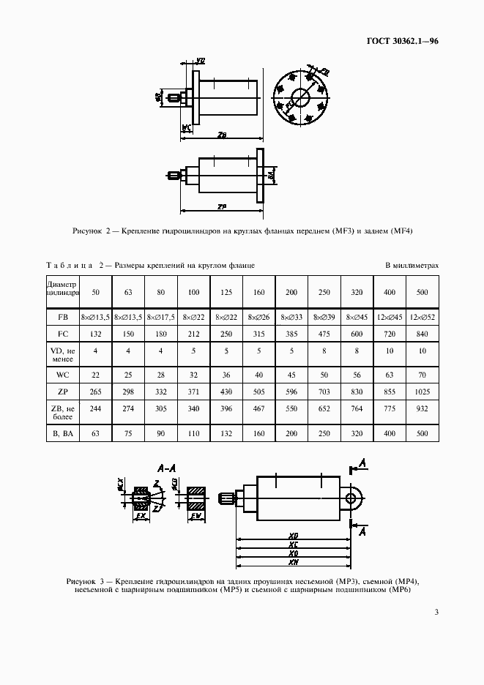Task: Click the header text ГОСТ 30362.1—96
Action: click(402, 41)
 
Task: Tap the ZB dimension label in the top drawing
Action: click(222, 135)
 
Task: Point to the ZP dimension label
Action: click(221, 206)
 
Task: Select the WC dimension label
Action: click(186, 127)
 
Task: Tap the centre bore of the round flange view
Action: click(300, 95)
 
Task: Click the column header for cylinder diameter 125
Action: click(227, 293)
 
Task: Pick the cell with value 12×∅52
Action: click(422, 318)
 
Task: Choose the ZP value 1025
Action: click(422, 392)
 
